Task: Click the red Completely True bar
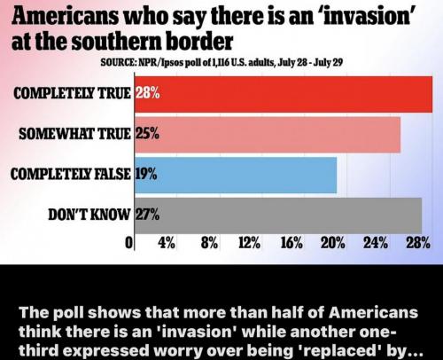coord(284,94)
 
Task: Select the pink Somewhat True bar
coord(268,135)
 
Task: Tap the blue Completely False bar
coord(236,175)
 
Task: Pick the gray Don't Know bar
coord(278,215)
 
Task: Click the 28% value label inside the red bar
coord(148,93)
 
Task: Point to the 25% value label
coord(147,134)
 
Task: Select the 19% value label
coord(146,174)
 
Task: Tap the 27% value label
coord(148,215)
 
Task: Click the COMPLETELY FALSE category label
coord(71,174)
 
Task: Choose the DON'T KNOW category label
coord(89,215)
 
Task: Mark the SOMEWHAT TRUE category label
coord(74,134)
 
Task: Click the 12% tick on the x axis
coord(250,243)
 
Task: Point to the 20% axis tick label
coord(333,243)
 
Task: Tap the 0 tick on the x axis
coord(128,243)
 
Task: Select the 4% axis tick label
coord(167,243)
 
